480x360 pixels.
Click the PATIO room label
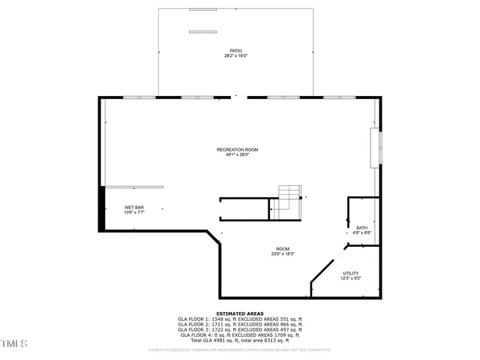click(x=236, y=51)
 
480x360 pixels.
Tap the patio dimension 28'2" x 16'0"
click(x=236, y=56)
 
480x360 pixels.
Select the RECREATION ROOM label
click(x=237, y=150)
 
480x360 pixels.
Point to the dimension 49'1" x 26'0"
click(x=237, y=155)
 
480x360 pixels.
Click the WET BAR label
click(x=134, y=208)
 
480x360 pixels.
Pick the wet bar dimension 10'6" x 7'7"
click(x=134, y=213)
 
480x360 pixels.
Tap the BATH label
click(x=362, y=228)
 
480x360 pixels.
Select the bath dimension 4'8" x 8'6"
click(x=362, y=233)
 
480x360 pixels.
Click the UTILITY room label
click(x=351, y=274)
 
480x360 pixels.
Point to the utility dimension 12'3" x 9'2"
click(x=351, y=279)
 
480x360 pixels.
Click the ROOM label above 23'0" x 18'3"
click(x=283, y=249)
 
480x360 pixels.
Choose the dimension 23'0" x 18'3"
click(x=283, y=254)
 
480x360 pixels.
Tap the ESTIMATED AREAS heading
click(x=239, y=313)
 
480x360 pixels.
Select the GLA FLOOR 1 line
click(x=239, y=319)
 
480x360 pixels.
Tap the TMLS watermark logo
click(x=14, y=344)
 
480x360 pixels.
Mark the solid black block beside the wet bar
click(x=102, y=208)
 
